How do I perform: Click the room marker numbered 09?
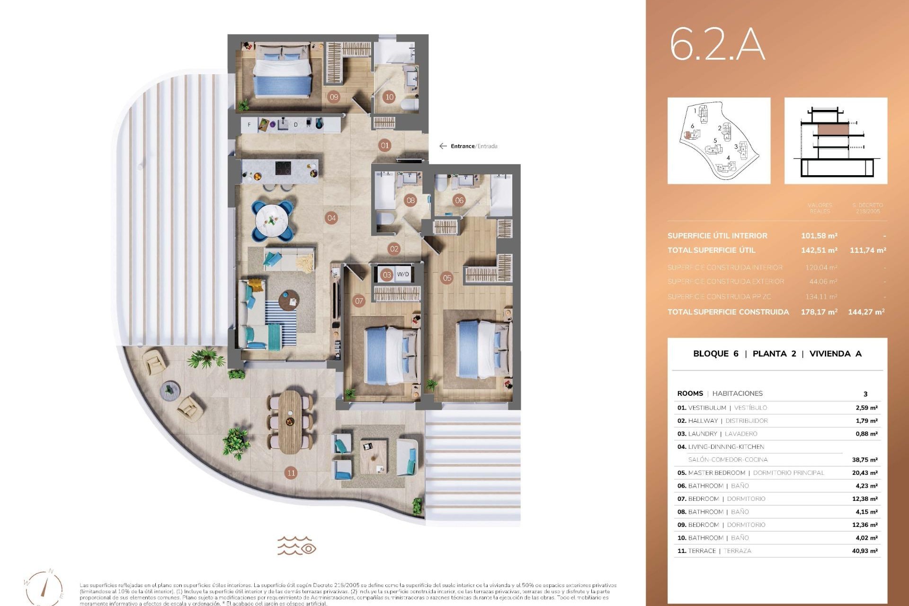click(x=334, y=97)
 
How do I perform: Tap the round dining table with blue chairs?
click(x=272, y=220)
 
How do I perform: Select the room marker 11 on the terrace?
click(x=291, y=472)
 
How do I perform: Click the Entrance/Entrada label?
click(x=473, y=146)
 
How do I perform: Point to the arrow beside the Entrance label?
click(x=443, y=146)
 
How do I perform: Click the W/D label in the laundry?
click(x=403, y=274)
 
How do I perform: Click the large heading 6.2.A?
click(x=717, y=45)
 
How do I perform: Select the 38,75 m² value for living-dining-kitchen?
click(x=864, y=460)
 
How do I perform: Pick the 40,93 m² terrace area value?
click(x=864, y=551)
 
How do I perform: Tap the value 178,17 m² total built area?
click(x=819, y=312)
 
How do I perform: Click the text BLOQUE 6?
click(x=715, y=354)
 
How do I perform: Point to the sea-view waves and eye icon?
click(x=297, y=546)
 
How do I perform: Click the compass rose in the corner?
click(x=45, y=587)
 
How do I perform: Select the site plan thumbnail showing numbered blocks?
click(x=719, y=141)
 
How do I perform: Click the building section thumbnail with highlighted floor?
click(x=836, y=141)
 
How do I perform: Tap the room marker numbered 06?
click(x=459, y=200)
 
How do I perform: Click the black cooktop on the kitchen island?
click(x=284, y=169)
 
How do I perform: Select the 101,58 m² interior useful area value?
click(x=819, y=236)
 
